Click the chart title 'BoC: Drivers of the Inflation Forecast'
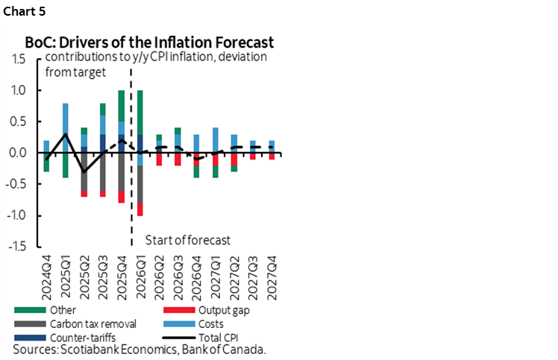click(x=149, y=42)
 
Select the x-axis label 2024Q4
click(x=46, y=274)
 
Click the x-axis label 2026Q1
click(x=141, y=274)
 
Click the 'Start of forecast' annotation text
click(x=186, y=239)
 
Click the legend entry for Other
click(x=63, y=310)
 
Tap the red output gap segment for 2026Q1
click(x=140, y=209)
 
